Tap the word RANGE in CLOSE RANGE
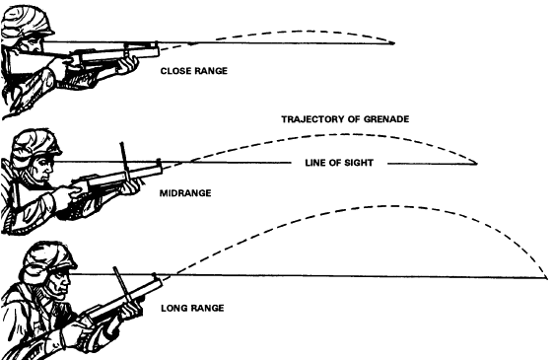click(x=211, y=71)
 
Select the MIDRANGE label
click(x=185, y=193)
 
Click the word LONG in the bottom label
click(x=173, y=308)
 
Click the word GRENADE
click(x=386, y=119)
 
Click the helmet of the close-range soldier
click(x=27, y=22)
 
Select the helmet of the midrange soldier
click(x=35, y=144)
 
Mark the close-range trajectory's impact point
click(x=393, y=43)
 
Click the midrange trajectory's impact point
click(x=476, y=164)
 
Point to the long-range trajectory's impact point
click(x=546, y=277)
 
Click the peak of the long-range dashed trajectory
click(x=389, y=206)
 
